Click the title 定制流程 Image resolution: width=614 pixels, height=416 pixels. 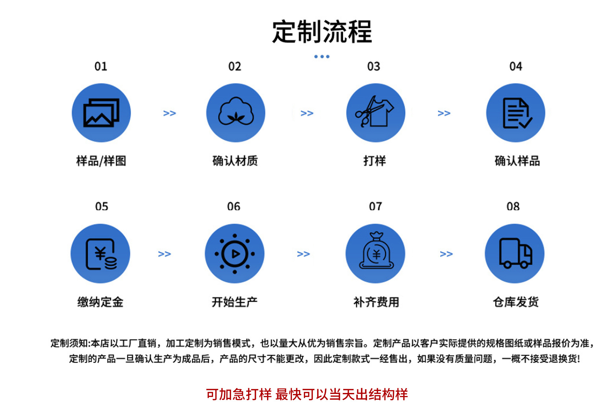(x=322, y=32)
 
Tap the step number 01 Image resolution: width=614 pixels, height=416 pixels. (x=101, y=67)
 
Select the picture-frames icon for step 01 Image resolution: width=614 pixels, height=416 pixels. (x=101, y=113)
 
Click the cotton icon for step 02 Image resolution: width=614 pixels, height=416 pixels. (x=236, y=113)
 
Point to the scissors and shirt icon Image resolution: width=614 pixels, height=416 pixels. (x=375, y=113)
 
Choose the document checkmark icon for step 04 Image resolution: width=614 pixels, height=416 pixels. (x=516, y=113)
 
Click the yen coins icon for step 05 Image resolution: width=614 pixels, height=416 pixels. (x=100, y=253)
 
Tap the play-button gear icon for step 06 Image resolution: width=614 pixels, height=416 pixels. (x=235, y=253)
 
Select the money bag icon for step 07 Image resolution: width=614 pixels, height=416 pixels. (x=375, y=253)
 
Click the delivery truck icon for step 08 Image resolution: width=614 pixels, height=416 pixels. (x=515, y=253)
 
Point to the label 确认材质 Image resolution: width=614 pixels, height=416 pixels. (x=235, y=161)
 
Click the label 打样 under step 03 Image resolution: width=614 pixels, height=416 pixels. (x=374, y=161)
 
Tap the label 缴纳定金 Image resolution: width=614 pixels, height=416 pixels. (x=100, y=302)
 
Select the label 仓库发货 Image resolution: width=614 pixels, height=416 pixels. (x=516, y=302)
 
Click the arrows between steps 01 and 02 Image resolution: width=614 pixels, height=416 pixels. (x=169, y=113)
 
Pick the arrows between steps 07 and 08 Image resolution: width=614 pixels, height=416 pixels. (x=446, y=254)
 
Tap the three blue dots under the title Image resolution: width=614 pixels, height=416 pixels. (x=322, y=57)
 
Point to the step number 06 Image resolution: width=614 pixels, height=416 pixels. (x=234, y=206)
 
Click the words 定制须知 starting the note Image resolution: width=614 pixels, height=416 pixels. (x=69, y=343)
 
